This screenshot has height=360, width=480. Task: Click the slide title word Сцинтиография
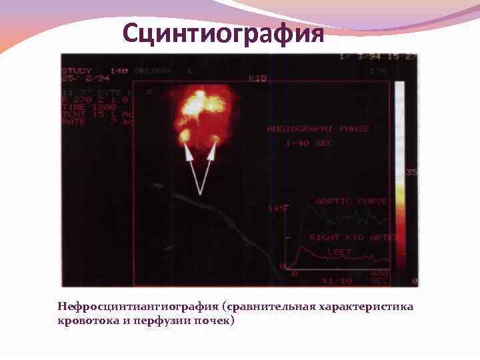(x=224, y=33)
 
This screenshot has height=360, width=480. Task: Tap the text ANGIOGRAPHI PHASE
(x=317, y=128)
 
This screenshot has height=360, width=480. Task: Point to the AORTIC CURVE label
(x=351, y=201)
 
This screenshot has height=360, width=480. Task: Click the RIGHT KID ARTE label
(x=353, y=237)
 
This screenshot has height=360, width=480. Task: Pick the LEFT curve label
(x=339, y=251)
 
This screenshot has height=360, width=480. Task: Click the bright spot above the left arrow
(x=184, y=135)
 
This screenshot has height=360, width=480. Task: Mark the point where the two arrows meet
(x=201, y=193)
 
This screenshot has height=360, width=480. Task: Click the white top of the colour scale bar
(x=399, y=90)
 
